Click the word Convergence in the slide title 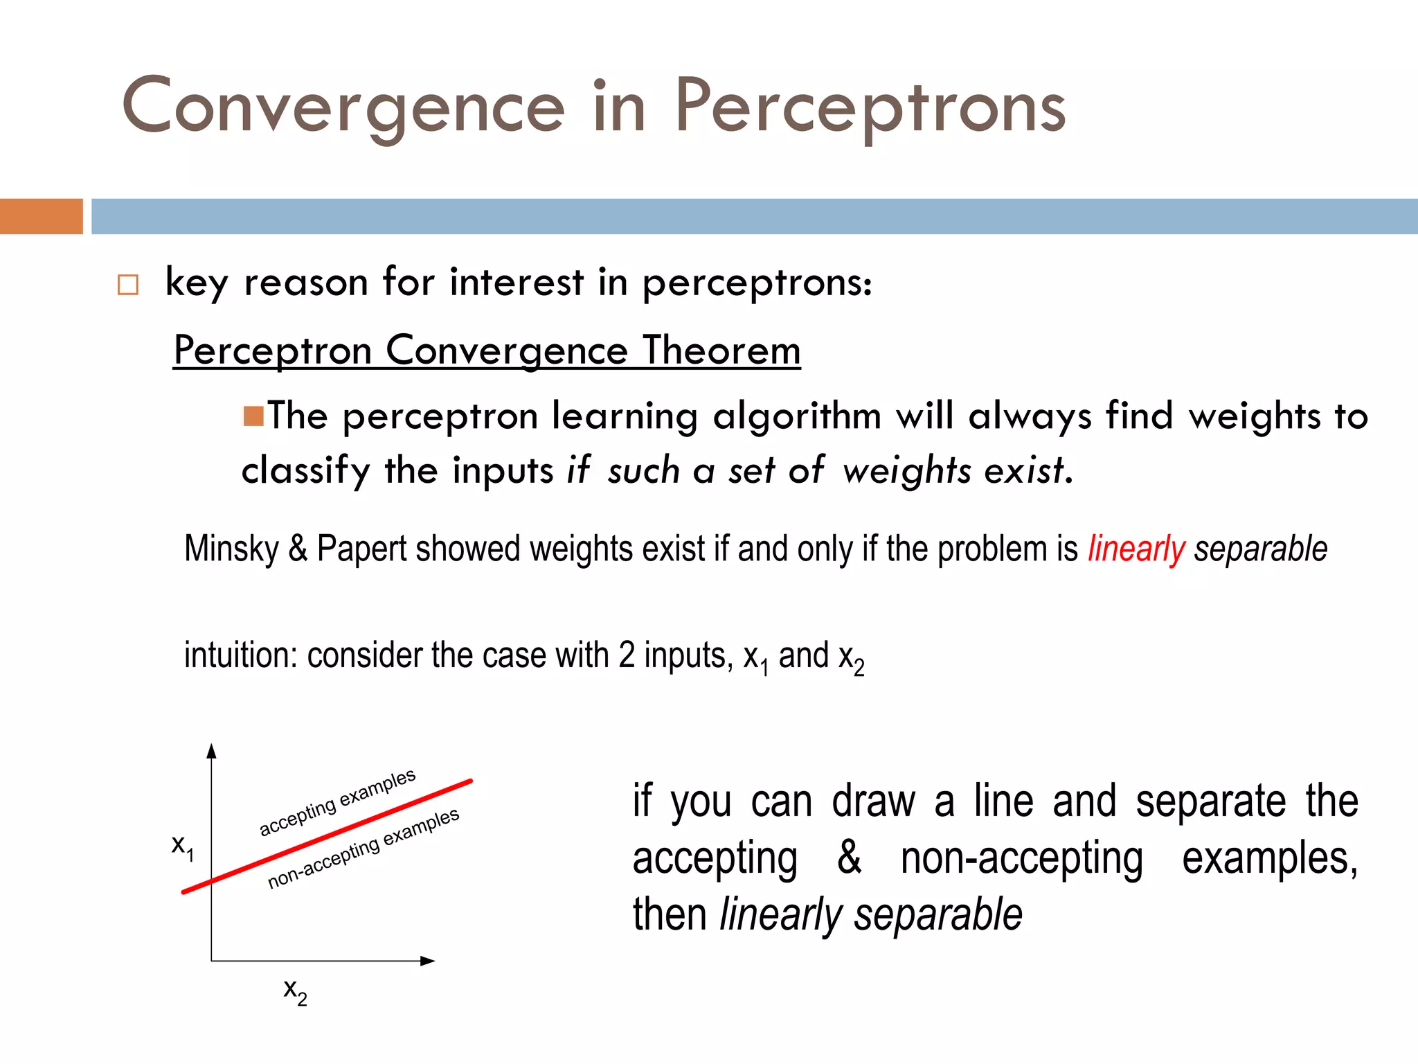343,105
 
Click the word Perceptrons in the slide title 870,105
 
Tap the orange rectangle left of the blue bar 41,216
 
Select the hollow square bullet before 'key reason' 128,285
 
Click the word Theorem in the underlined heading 721,350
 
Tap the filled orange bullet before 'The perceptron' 253,416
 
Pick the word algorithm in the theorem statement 797,417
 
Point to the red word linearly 1136,549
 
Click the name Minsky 231,549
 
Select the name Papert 361,549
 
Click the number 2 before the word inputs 627,655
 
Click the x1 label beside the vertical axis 182,846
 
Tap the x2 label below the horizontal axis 295,991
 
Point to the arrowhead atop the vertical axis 212,752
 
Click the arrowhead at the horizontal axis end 427,961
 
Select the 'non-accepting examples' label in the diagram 364,849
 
